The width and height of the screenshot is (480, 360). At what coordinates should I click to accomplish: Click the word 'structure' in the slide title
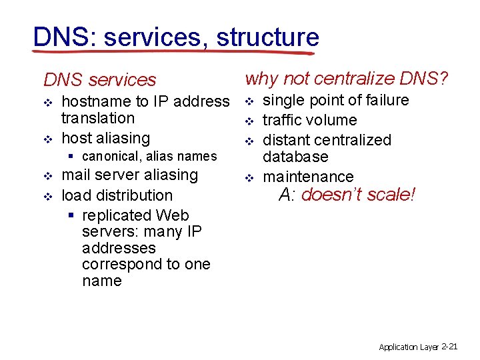[267, 37]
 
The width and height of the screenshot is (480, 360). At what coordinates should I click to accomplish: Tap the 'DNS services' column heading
[99, 80]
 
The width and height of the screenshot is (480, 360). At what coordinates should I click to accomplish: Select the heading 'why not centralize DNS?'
[347, 79]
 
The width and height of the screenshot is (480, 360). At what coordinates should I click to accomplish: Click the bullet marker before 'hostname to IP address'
[47, 103]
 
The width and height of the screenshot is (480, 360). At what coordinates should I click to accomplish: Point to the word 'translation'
[97, 118]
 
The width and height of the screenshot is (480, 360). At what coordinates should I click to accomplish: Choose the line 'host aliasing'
[105, 138]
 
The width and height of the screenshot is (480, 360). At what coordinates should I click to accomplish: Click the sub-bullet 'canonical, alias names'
[149, 156]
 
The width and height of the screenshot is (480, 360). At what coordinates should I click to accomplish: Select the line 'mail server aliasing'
[129, 175]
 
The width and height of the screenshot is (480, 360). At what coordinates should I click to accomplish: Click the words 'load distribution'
[117, 195]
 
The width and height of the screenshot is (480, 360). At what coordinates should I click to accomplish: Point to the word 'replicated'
[117, 215]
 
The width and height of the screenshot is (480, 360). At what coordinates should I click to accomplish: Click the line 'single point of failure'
[335, 100]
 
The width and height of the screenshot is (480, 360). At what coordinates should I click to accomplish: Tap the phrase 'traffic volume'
[309, 120]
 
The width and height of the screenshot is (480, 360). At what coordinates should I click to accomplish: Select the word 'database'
[295, 157]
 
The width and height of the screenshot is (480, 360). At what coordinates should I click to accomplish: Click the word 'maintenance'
[308, 177]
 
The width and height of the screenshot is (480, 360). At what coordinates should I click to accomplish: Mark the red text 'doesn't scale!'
[359, 195]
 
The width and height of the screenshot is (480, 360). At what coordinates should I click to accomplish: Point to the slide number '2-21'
[449, 346]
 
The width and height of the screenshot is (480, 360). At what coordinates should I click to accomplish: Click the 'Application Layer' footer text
[409, 347]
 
